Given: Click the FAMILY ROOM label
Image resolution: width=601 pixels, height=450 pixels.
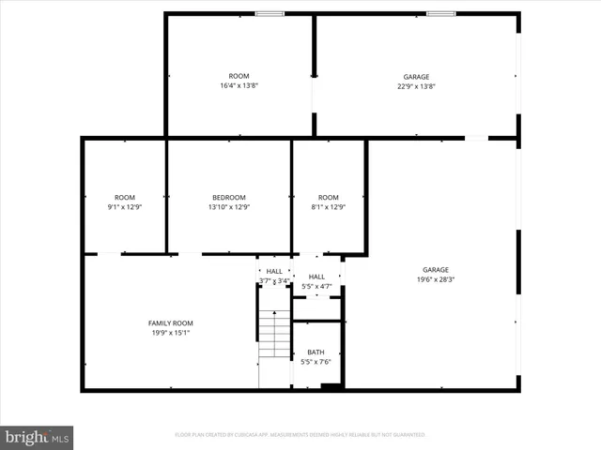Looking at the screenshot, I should pos(170,322).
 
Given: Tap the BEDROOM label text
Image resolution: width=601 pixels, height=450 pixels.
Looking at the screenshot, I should pos(228,197).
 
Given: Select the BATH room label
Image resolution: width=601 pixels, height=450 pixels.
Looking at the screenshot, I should pos(316,352).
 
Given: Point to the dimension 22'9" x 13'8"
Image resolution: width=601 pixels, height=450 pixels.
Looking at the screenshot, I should pos(416,86).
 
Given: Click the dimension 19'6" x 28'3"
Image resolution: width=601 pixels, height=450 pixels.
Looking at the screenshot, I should pos(435,278).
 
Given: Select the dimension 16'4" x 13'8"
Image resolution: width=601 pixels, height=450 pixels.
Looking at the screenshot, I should pos(239,85).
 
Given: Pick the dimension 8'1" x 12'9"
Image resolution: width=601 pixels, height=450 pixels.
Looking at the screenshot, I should pos(328,206).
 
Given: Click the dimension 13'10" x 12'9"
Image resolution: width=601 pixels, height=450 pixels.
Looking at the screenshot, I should pos(228,206).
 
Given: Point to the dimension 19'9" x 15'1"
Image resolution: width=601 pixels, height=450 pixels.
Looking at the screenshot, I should pos(170,332).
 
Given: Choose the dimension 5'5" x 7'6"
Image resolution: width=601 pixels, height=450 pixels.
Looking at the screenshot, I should pos(316,362).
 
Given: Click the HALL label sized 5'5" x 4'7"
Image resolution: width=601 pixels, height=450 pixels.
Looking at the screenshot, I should pos(316,277).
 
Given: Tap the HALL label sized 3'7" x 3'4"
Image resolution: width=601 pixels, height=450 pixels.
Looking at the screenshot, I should pos(273,271).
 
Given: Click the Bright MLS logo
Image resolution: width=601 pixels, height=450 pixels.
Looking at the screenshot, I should pos(38,437).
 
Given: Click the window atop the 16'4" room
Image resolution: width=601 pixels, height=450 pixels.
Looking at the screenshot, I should pos(270,14).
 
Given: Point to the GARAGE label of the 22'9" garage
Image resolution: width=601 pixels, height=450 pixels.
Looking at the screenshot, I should pos(416,77).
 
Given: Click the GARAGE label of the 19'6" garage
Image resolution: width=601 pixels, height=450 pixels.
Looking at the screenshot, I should pos(435,269).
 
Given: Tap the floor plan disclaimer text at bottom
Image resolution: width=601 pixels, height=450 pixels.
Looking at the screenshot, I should pos(300,435).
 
